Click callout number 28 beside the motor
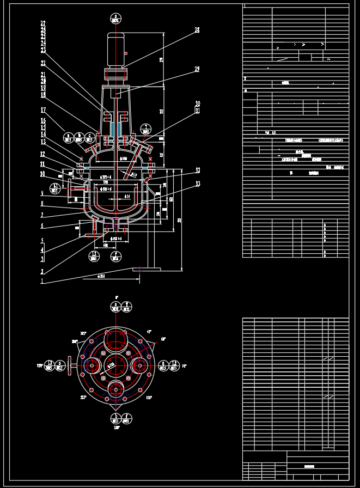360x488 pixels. (197, 30)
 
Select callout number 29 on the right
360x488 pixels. (197, 69)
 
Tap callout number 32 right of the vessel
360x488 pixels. (198, 170)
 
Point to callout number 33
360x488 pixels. (198, 184)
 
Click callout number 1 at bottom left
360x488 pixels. (42, 282)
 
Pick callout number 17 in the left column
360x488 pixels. (43, 110)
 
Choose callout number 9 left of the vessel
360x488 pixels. (42, 193)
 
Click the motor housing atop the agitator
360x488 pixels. (115, 50)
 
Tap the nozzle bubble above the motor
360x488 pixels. (115, 18)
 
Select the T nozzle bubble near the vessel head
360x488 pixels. (145, 129)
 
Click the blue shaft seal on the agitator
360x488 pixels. (115, 129)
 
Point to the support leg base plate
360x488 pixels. (147, 269)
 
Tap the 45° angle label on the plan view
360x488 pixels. (149, 331)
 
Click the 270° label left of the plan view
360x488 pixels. (40, 365)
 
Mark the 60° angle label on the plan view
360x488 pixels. (163, 339)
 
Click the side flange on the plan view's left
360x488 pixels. (69, 365)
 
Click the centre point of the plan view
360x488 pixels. (115, 365)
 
